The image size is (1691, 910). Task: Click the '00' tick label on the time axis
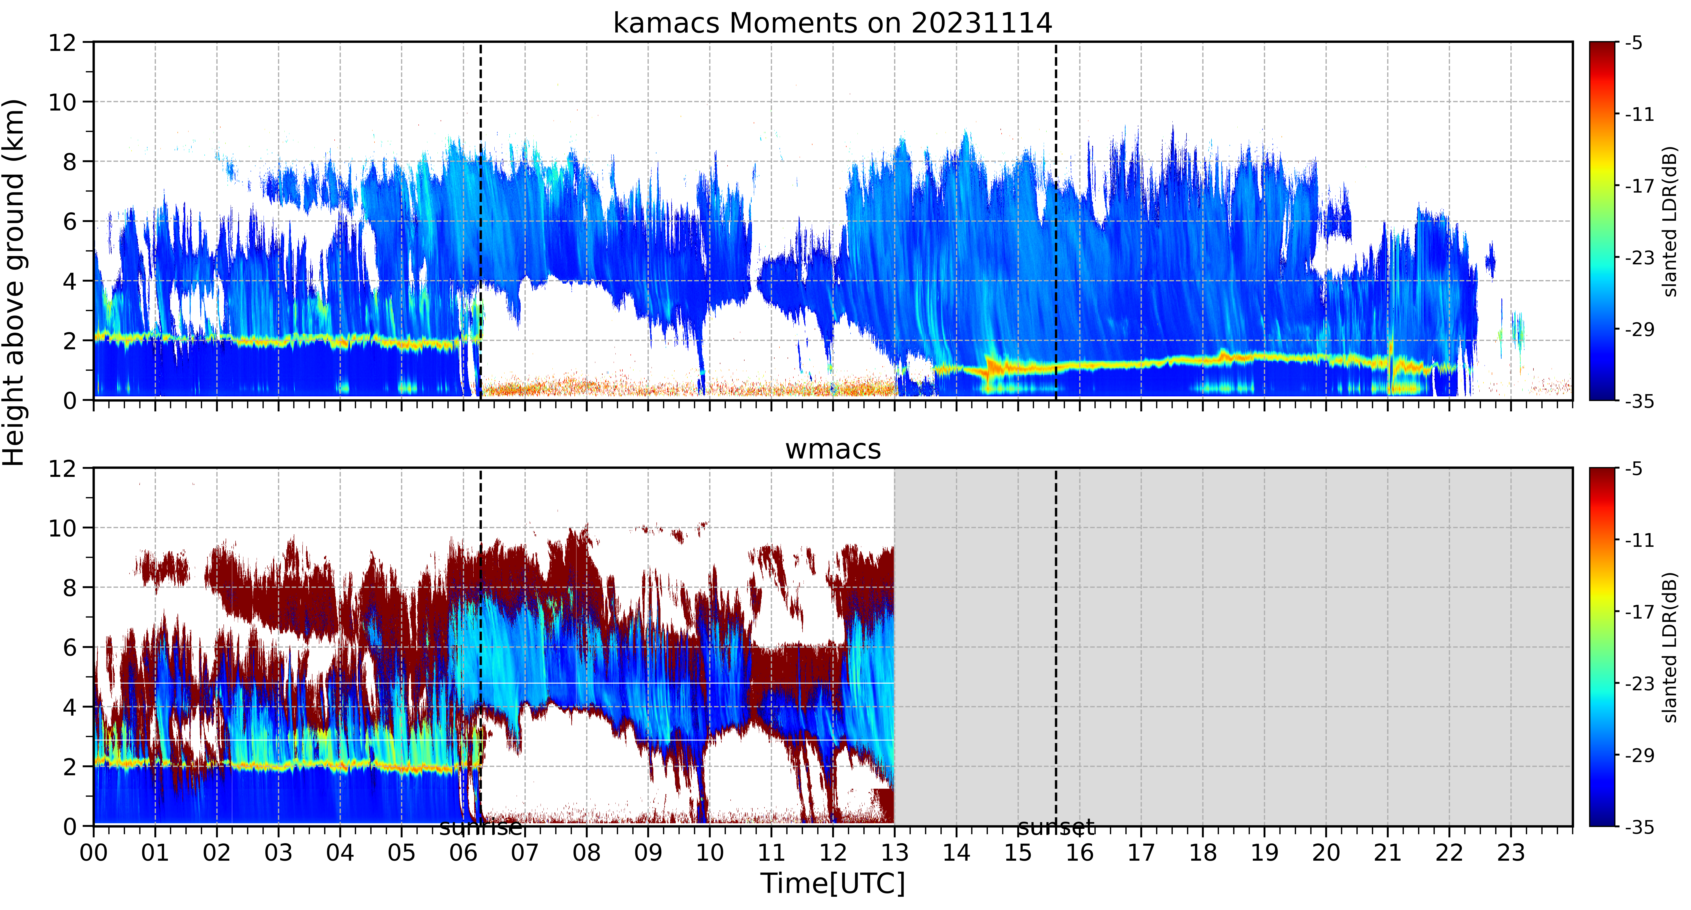click(x=94, y=853)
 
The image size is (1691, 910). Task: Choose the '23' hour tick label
click(x=1511, y=853)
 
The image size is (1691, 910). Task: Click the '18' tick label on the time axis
click(x=1203, y=853)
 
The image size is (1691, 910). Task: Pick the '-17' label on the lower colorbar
click(x=1639, y=612)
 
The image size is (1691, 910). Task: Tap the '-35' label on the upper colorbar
click(x=1639, y=401)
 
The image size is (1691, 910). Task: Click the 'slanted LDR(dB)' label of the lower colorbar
click(x=1671, y=647)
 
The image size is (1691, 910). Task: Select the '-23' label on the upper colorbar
click(x=1639, y=258)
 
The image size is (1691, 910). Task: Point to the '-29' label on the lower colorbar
click(x=1639, y=755)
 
